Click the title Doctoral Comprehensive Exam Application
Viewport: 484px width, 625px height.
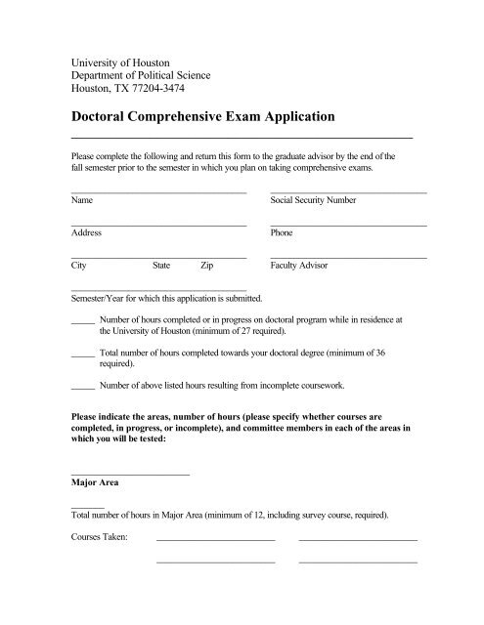(202, 116)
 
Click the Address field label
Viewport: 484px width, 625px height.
(86, 233)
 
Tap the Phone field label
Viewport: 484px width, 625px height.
(282, 233)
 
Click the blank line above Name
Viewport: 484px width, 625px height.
(158, 192)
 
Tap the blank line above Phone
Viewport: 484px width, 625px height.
(348, 226)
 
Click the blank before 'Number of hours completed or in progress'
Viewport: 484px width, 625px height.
(83, 320)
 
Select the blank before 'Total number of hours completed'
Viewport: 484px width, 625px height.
(83, 353)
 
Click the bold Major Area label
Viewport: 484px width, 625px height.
(95, 481)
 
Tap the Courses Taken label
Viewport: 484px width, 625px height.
(101, 537)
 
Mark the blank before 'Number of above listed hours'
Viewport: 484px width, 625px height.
(83, 386)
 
